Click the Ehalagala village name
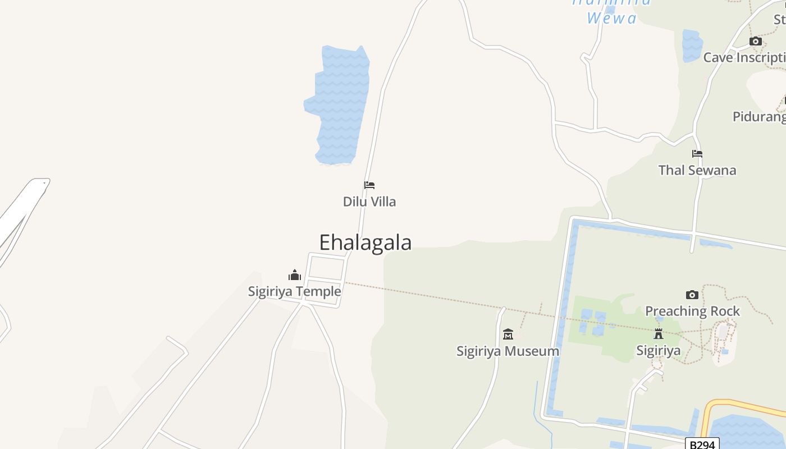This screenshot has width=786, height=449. point(365,242)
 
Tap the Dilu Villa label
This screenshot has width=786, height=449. point(369,201)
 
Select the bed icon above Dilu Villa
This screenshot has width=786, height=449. point(369,185)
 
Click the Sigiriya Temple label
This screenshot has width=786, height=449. point(295,291)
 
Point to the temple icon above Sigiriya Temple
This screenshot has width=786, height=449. point(295,275)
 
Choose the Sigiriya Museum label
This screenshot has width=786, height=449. point(508,351)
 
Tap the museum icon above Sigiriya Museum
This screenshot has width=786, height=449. point(508,335)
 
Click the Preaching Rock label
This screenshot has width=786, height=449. point(692,311)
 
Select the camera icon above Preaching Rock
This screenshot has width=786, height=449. point(692,295)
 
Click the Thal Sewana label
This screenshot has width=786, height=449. point(697,170)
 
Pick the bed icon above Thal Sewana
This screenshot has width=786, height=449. point(697,153)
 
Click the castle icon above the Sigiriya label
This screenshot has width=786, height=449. point(659,334)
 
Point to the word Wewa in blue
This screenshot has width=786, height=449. point(612,19)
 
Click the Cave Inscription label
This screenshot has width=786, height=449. point(744,57)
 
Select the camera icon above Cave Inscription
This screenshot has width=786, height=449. point(756,42)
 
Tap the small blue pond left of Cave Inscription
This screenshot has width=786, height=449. point(692,45)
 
